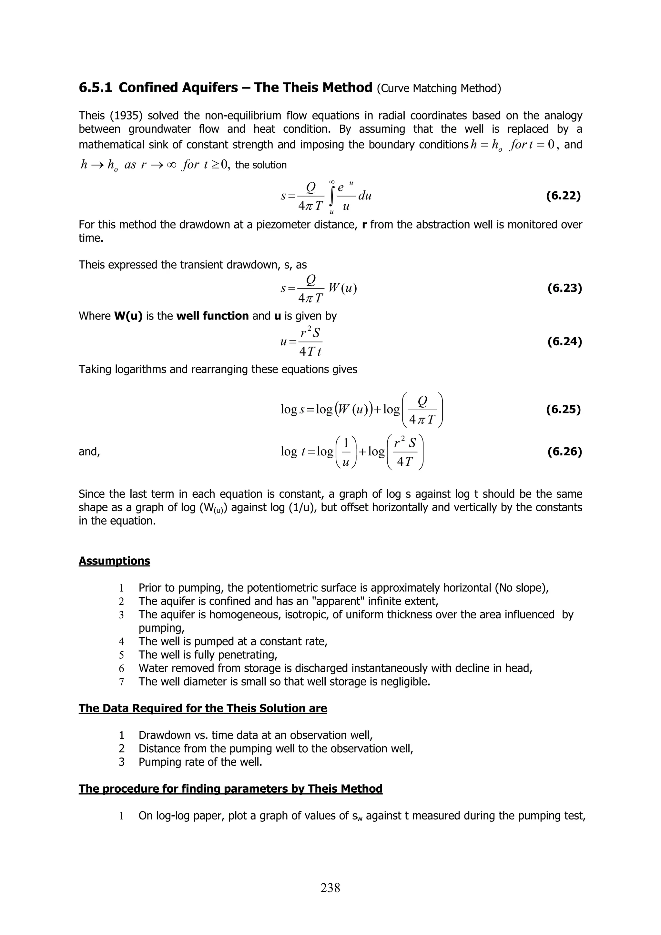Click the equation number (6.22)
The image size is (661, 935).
[x=563, y=196]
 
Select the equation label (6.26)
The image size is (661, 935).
[x=564, y=451]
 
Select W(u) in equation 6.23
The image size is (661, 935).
[x=342, y=288]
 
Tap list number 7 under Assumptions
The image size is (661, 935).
[x=121, y=682]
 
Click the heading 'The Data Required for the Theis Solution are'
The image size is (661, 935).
[x=202, y=708]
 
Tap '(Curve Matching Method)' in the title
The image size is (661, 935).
[x=439, y=88]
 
